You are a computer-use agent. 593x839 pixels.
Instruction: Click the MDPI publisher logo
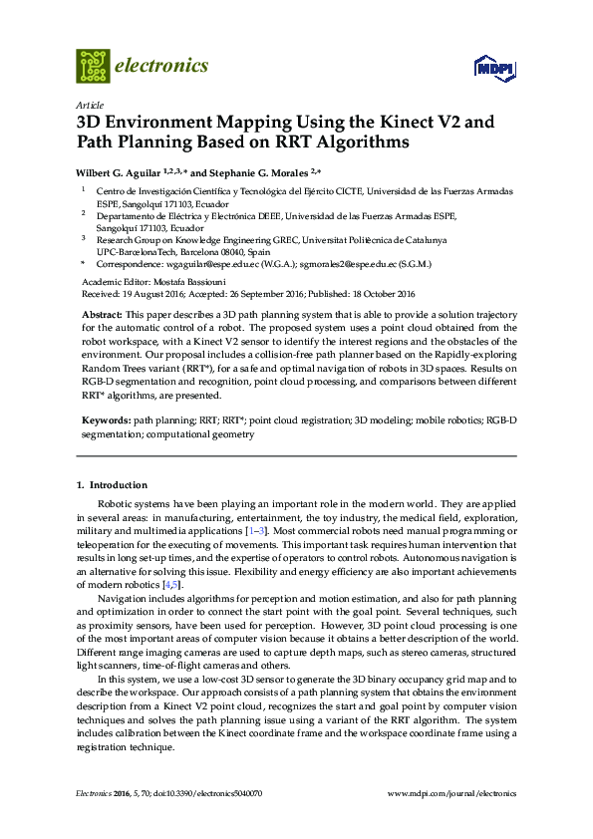pos(494,69)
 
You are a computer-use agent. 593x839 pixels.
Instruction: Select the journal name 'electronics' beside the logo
pos(162,66)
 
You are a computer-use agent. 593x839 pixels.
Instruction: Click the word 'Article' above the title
pos(90,105)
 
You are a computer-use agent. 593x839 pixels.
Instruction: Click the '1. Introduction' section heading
pos(113,485)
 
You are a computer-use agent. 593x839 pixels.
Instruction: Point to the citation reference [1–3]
pos(256,534)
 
